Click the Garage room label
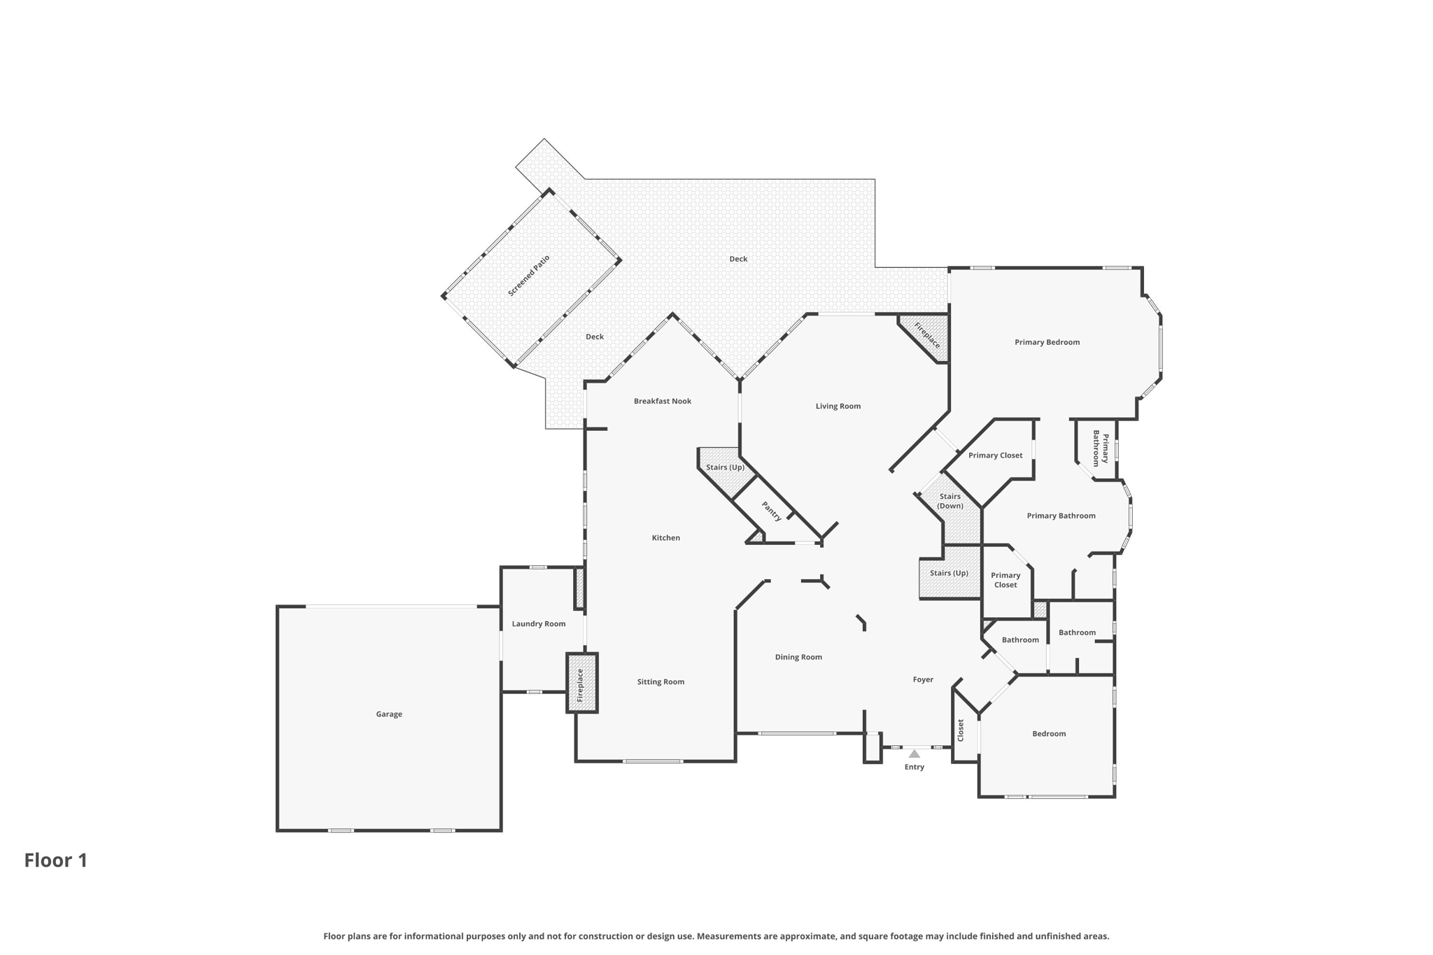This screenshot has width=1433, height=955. coord(389,714)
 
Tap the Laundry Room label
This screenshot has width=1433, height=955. coord(538,624)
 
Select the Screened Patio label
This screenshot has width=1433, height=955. coord(529,276)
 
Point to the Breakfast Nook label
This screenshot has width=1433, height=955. coord(662,401)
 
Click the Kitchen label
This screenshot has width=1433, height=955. coord(665,538)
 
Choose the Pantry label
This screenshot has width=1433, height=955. coord(771,511)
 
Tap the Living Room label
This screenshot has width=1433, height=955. coord(838,406)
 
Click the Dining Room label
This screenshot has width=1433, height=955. coord(798,657)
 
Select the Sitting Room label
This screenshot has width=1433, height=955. coord(661,681)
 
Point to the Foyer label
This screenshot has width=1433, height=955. coord(923,679)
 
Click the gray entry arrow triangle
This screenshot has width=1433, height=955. coord(914,754)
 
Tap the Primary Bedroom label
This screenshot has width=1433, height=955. coord(1047,342)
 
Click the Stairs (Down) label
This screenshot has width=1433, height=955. coord(950,501)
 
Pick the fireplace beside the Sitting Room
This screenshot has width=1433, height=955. coord(581,684)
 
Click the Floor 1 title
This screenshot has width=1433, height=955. coord(56,861)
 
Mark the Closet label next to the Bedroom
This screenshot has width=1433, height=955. coord(961,730)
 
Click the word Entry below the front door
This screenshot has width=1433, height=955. coord(914,767)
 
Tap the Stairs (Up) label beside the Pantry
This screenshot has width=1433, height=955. coord(725,467)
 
